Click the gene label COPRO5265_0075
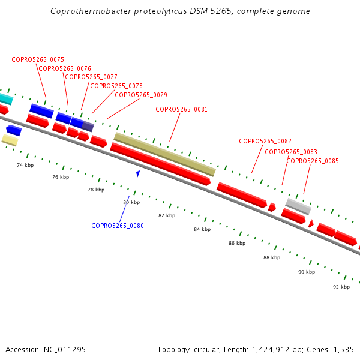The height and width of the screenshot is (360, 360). (38, 59)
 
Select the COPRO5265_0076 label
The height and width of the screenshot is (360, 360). (65, 68)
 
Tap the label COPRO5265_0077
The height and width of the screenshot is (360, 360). (91, 77)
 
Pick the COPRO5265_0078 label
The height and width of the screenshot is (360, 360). (116, 86)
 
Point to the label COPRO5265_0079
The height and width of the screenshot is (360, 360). (141, 95)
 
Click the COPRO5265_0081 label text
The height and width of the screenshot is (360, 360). (182, 109)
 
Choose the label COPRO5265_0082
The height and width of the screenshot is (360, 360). (265, 141)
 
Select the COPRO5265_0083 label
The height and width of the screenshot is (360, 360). (291, 152)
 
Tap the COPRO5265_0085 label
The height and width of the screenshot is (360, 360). (313, 161)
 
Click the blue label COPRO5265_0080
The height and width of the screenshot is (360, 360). (118, 226)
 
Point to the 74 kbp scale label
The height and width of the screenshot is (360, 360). (25, 165)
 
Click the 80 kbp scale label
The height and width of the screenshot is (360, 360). (131, 202)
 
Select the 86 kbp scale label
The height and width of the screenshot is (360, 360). (237, 243)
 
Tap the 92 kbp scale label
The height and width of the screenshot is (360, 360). (341, 287)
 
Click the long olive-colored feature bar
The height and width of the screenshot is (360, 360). (164, 154)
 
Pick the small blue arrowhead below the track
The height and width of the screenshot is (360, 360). (139, 173)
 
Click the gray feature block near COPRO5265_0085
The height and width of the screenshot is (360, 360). (298, 206)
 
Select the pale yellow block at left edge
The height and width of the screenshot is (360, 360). (10, 140)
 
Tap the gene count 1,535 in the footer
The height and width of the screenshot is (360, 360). (343, 349)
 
